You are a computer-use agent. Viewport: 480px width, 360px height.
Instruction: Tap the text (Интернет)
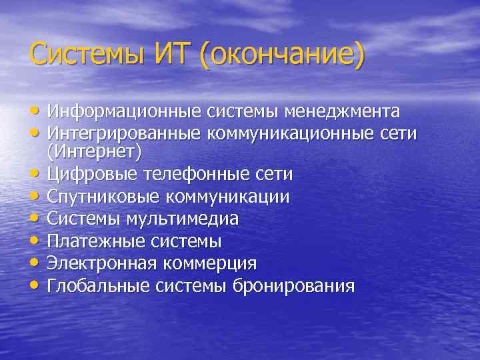95,153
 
